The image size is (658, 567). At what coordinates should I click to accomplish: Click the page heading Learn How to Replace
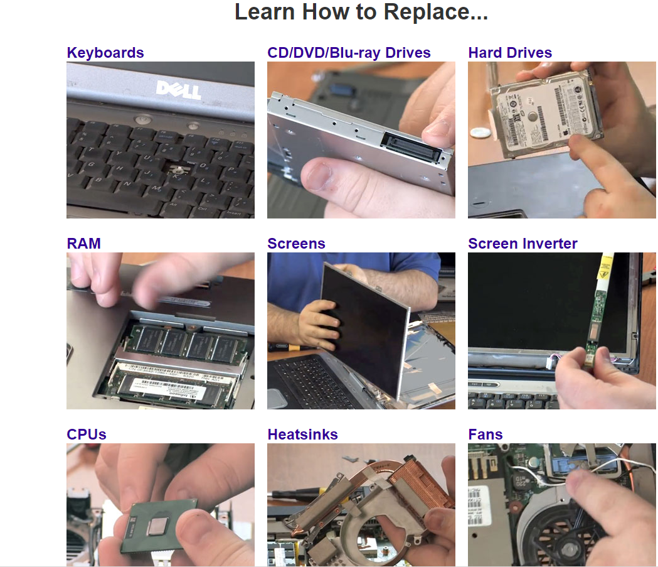361,13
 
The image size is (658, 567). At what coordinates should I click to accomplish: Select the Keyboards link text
105,53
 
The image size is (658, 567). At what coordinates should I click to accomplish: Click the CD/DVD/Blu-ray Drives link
349,53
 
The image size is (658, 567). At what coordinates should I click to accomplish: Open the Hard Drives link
510,53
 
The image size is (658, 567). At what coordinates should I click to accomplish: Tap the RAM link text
83,244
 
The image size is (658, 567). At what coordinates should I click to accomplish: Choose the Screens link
296,244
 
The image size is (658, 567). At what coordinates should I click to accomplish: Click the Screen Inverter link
523,244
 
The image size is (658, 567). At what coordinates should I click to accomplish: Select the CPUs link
87,435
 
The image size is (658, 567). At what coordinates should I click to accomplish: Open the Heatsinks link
302,435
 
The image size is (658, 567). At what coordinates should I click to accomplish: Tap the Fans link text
486,435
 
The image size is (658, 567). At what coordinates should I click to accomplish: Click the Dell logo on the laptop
178,89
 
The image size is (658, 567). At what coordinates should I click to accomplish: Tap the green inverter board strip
593,314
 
